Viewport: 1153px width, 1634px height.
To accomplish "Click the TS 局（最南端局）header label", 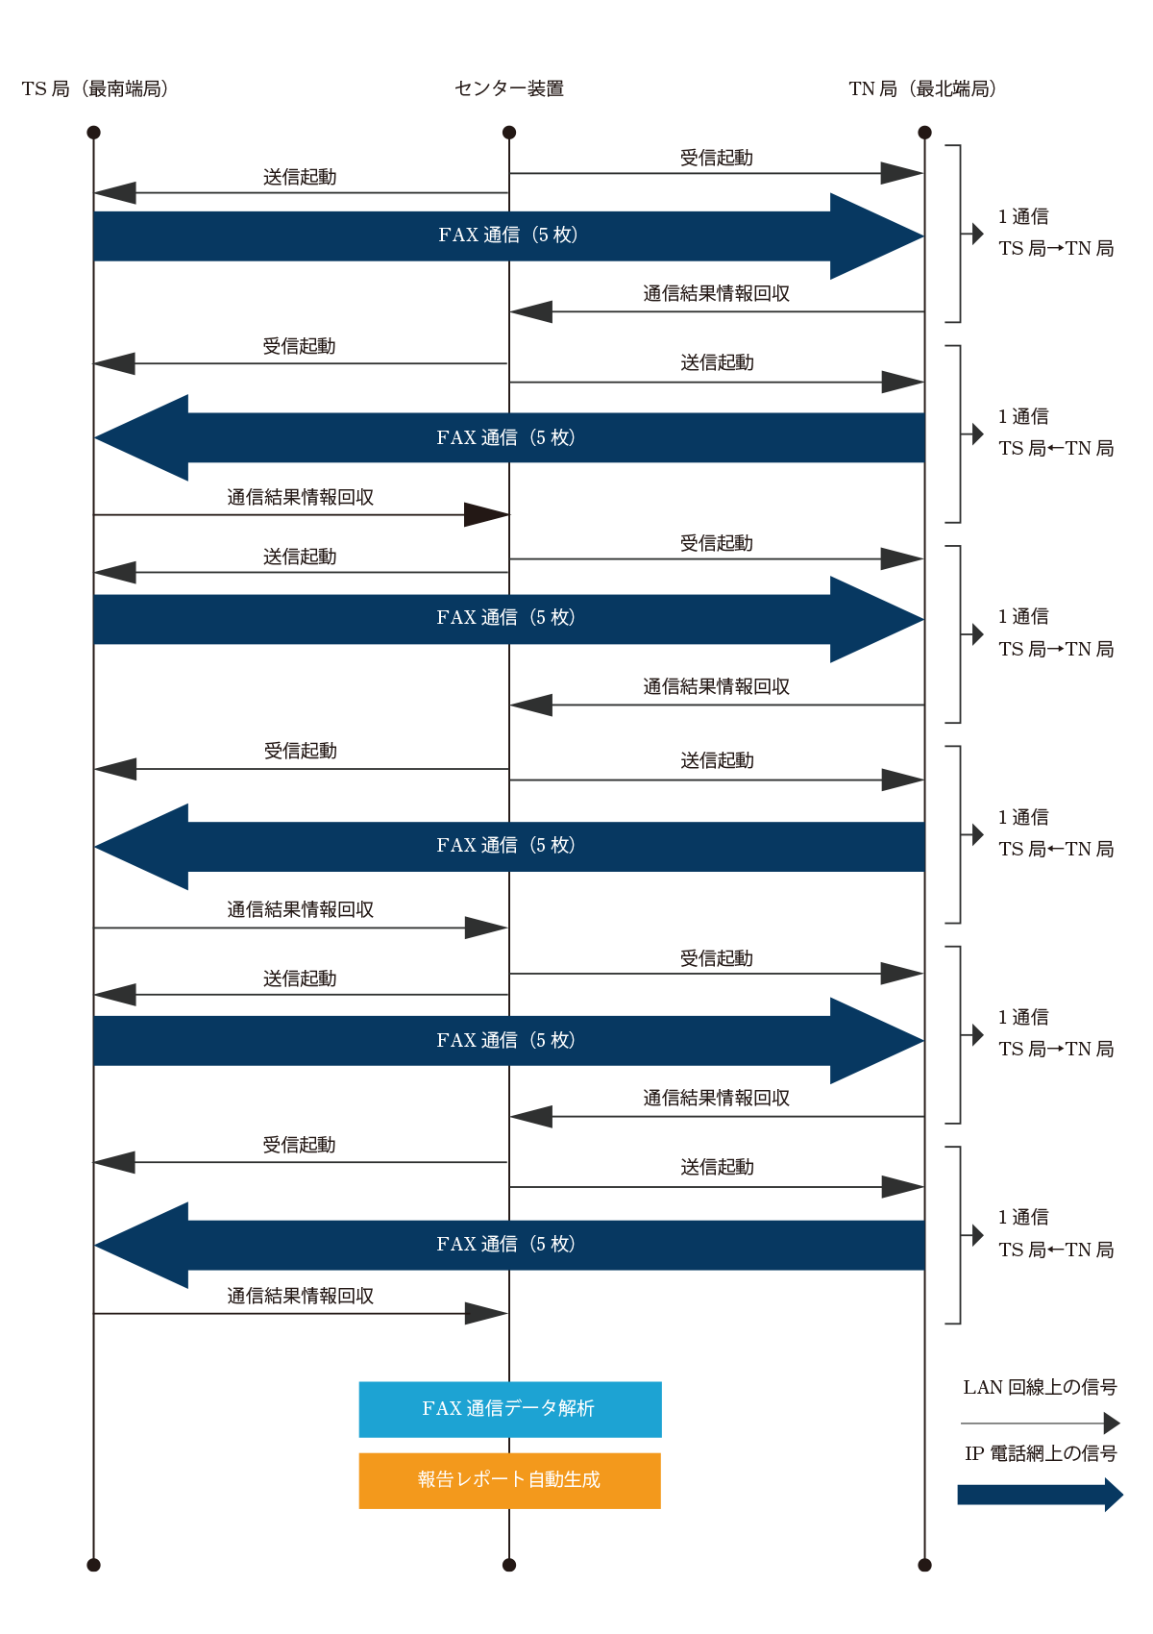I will [x=95, y=89].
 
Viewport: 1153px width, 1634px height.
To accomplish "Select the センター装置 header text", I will [x=509, y=89].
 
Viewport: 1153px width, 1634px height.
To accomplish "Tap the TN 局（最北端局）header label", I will [x=922, y=89].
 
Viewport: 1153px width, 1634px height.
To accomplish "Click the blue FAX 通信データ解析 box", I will [x=510, y=1409].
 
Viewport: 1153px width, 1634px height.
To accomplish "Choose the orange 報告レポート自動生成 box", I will [x=510, y=1480].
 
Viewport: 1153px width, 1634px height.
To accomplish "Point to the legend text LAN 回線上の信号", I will [x=1040, y=1387].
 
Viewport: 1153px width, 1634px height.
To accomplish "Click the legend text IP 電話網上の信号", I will [x=1041, y=1453].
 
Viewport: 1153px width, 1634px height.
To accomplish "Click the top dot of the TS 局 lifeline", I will [x=93, y=132].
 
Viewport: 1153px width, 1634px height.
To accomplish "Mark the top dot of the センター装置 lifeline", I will [x=509, y=132].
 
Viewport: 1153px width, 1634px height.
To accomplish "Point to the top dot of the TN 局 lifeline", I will [x=924, y=132].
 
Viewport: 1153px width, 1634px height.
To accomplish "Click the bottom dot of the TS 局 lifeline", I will [x=93, y=1565].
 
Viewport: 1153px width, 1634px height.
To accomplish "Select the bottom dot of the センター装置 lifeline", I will [x=509, y=1565].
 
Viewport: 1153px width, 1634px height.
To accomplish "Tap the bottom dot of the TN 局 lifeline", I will [x=924, y=1565].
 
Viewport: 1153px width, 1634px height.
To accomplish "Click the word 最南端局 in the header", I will [x=124, y=89].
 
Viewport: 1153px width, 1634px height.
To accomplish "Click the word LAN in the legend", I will [x=983, y=1387].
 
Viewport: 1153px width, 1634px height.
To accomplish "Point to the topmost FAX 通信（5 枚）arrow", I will [x=508, y=236].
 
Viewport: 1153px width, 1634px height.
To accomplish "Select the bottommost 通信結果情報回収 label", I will [x=300, y=1296].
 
